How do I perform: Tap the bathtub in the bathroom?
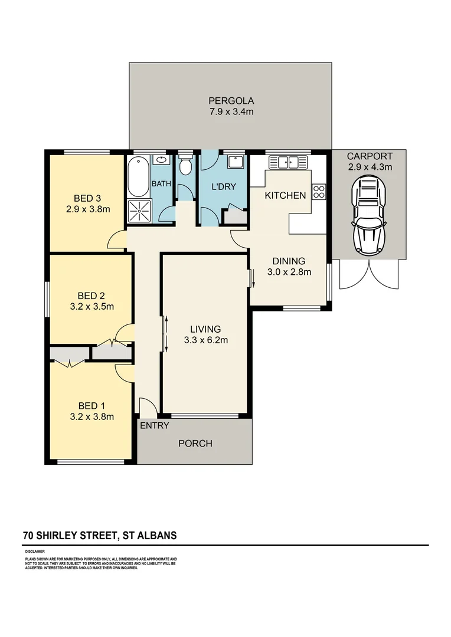138,175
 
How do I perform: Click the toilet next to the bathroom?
185,166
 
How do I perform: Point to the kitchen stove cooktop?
318,191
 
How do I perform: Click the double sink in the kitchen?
289,162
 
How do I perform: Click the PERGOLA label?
230,100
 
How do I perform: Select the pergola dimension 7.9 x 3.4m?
230,111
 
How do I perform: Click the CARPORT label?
369,156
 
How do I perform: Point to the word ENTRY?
155,425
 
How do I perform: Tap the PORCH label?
195,444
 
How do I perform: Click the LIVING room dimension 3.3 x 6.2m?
205,340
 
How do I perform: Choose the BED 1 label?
91,406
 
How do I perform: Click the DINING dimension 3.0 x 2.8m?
288,272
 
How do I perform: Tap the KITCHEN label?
285,195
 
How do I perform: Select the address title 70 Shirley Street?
99,536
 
